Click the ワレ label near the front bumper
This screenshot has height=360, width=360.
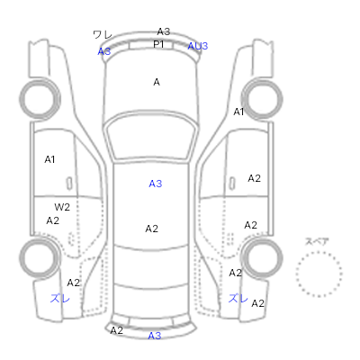pos(103,35)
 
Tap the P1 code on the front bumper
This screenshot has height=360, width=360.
pos(158,44)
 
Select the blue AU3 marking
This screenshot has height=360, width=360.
pos(198,46)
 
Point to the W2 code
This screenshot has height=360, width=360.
pos(62,207)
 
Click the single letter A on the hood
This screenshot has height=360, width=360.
pos(157,82)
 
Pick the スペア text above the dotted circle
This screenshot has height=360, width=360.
pos(317,241)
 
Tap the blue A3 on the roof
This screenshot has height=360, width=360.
pos(156,184)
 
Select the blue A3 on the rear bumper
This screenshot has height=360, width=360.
pos(155,336)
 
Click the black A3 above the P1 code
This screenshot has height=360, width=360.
pos(164,31)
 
